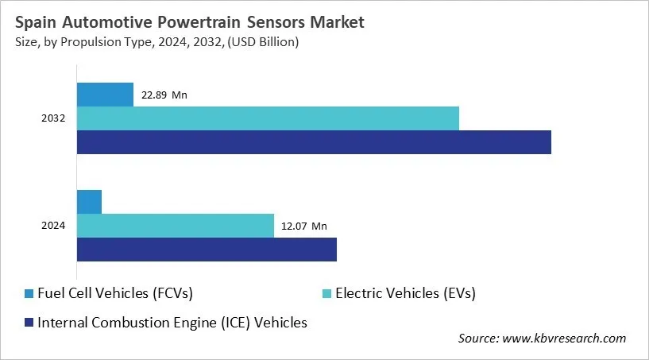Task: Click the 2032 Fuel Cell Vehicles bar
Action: (105, 95)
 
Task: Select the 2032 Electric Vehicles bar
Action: (268, 118)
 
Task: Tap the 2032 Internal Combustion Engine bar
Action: (314, 142)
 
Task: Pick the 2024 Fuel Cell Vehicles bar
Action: (89, 202)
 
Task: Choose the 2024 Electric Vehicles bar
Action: (175, 226)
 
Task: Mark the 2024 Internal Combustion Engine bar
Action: (207, 249)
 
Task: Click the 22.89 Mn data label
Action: (164, 95)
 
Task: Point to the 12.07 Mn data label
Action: (303, 226)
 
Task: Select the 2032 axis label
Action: (53, 119)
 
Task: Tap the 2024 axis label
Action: (53, 226)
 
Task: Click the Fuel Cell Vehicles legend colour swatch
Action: (29, 294)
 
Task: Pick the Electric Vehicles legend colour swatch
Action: (327, 294)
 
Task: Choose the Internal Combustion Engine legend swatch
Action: (29, 323)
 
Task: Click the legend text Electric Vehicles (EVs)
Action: (405, 293)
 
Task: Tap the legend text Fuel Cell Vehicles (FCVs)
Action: (115, 293)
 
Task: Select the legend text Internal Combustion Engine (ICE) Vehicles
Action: (172, 322)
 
